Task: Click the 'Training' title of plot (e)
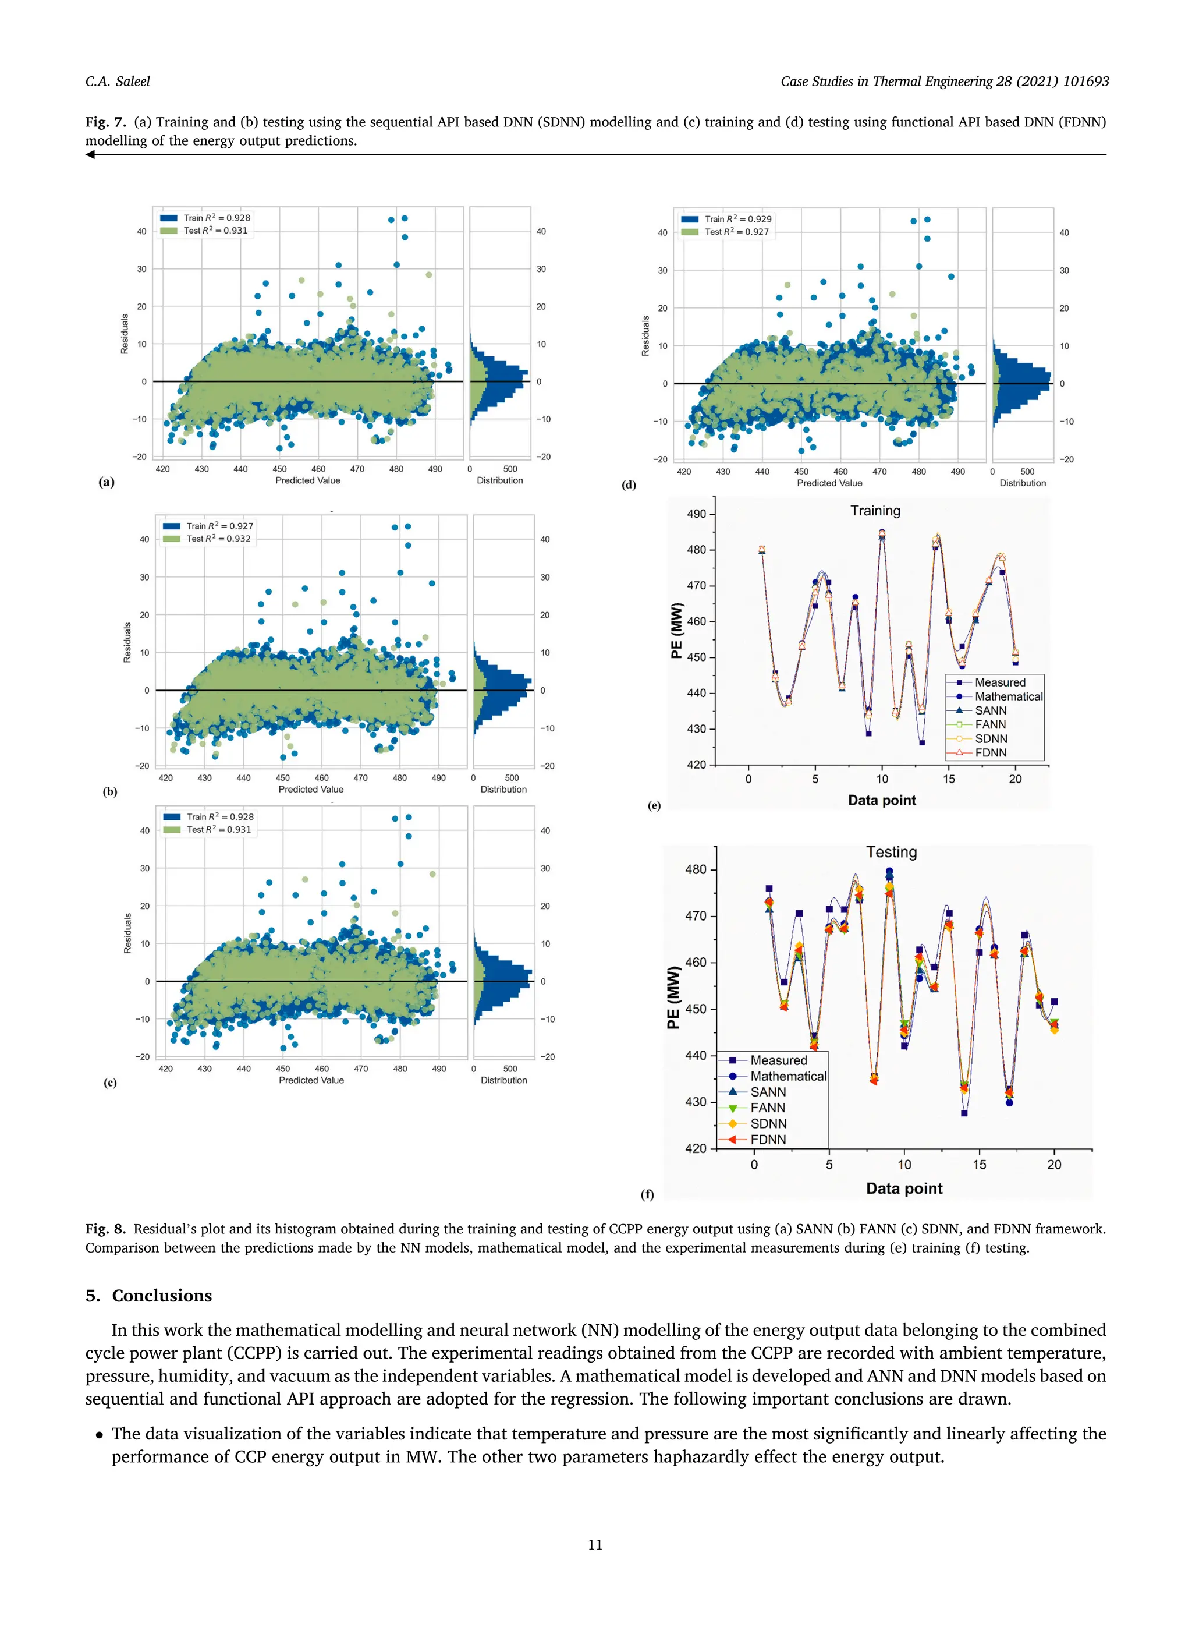[875, 511]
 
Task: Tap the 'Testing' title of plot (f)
[891, 852]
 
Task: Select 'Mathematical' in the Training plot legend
[1008, 696]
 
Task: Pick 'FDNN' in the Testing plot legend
[768, 1140]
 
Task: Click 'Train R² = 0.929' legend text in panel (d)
[738, 219]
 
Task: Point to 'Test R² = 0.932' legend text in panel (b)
[219, 539]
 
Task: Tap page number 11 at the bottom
[595, 1545]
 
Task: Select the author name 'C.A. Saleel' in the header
[118, 82]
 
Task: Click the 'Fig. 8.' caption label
[105, 1229]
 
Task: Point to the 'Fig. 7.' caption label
[105, 122]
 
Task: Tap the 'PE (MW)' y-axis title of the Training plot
[676, 630]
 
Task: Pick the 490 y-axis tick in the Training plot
[696, 514]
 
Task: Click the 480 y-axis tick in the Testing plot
[696, 870]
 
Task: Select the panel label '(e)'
[654, 805]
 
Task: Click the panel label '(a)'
[107, 482]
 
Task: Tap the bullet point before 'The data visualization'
[99, 1434]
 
